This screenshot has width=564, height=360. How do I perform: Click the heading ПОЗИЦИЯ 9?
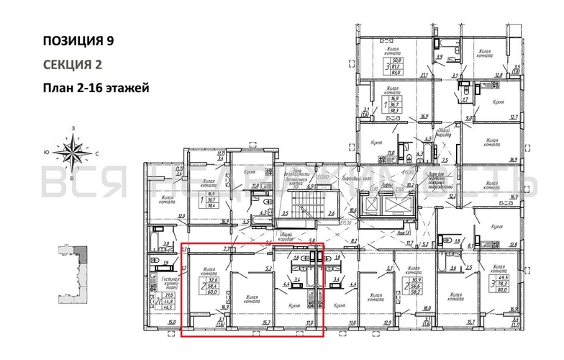click(x=78, y=40)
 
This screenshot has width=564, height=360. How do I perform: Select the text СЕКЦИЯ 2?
click(x=73, y=65)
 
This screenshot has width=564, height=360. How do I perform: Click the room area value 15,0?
click(x=171, y=323)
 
